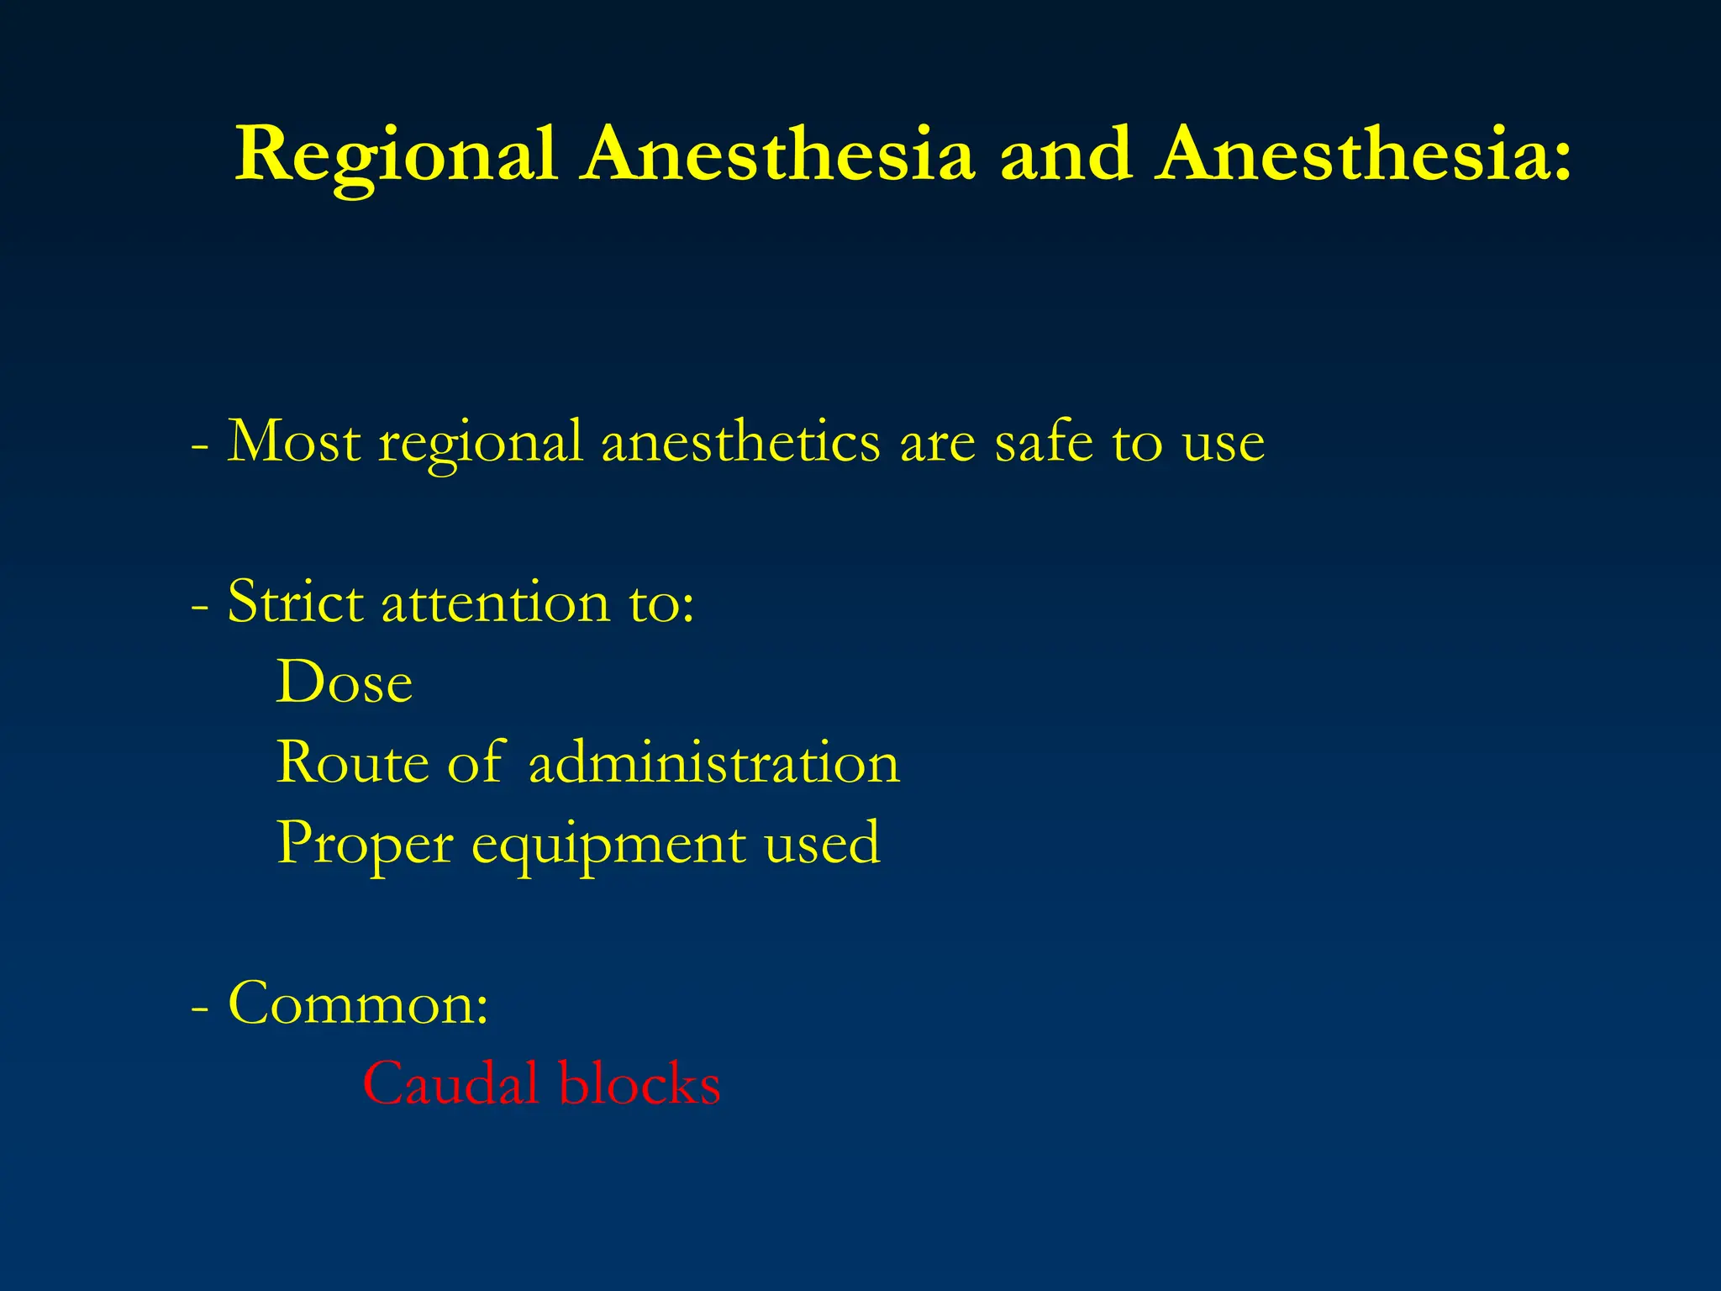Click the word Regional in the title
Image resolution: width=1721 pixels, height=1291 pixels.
(x=395, y=155)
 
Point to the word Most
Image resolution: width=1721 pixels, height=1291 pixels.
(x=294, y=441)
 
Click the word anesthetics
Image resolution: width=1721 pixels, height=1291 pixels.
(x=740, y=441)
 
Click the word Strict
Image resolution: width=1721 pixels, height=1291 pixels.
(x=295, y=602)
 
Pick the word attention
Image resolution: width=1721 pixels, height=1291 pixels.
(x=496, y=602)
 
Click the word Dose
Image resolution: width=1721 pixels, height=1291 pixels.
(x=345, y=682)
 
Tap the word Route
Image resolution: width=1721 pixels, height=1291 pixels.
(x=353, y=762)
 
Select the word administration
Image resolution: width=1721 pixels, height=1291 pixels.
(x=714, y=762)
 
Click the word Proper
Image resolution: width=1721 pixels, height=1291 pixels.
(x=365, y=844)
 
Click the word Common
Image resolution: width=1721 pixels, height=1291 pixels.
(x=358, y=1004)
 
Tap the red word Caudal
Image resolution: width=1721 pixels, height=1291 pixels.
(x=450, y=1083)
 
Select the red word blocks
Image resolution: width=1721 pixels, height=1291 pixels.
(x=639, y=1083)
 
